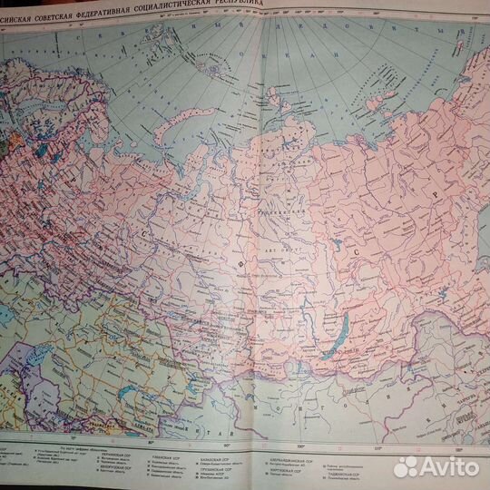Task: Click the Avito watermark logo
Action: (435, 465)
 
